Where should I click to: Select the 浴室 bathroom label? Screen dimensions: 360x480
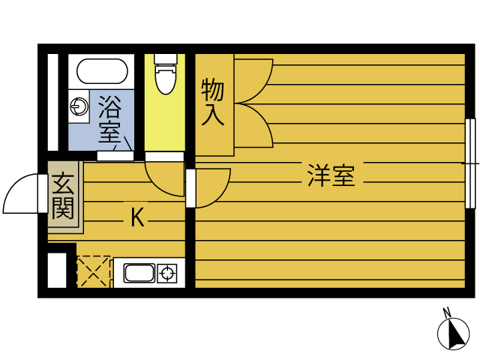109,119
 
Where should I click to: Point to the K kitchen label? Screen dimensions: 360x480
137,217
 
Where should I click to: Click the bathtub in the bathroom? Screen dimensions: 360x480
101,72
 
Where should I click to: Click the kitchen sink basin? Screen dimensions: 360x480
139,273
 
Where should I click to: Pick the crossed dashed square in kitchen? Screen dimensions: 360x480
94,271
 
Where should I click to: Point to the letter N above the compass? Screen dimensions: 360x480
446,312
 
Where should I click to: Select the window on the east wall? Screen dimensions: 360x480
469,163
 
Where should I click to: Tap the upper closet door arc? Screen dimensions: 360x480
255,79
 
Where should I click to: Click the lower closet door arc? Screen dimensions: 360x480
255,124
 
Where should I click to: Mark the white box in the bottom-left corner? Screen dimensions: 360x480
57,271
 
